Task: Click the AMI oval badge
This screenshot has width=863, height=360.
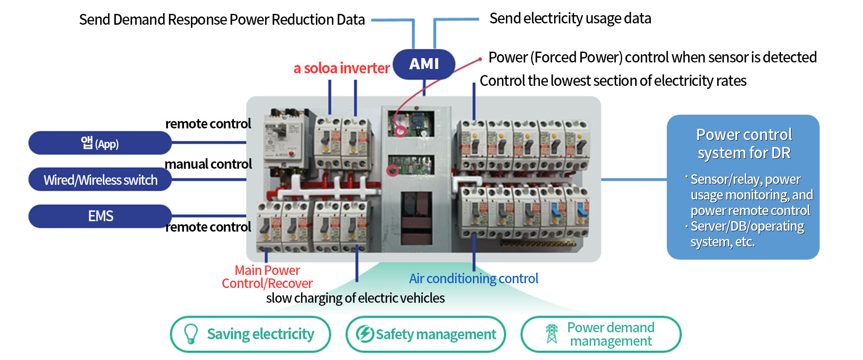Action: [x=424, y=64]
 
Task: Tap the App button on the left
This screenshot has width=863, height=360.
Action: [x=100, y=143]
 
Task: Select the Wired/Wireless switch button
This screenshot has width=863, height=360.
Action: [x=100, y=180]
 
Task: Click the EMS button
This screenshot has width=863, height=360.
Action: [x=100, y=216]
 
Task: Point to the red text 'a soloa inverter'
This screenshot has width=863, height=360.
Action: [x=341, y=68]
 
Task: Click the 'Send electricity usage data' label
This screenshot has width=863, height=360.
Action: [x=570, y=19]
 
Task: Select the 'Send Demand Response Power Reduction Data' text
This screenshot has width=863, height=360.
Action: [x=222, y=20]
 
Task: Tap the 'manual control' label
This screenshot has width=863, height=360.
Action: [x=208, y=164]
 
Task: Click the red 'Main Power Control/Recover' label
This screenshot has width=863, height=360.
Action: [x=267, y=277]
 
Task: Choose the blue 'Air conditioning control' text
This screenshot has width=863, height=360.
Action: [x=473, y=278]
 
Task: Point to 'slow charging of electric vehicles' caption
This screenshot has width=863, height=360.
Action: [x=355, y=298]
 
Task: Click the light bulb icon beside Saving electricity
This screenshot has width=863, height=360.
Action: [x=191, y=334]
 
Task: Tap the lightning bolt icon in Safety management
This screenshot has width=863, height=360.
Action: [x=364, y=334]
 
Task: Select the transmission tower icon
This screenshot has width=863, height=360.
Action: [x=551, y=334]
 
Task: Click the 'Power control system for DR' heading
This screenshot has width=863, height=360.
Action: [x=744, y=144]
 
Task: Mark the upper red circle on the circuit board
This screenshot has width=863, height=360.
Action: [x=400, y=130]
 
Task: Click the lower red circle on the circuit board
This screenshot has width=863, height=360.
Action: [x=393, y=170]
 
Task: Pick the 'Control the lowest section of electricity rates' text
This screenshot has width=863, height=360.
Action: [x=613, y=81]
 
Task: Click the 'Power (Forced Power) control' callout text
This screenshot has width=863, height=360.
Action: [x=652, y=57]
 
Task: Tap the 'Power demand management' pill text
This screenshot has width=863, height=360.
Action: [x=610, y=334]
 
